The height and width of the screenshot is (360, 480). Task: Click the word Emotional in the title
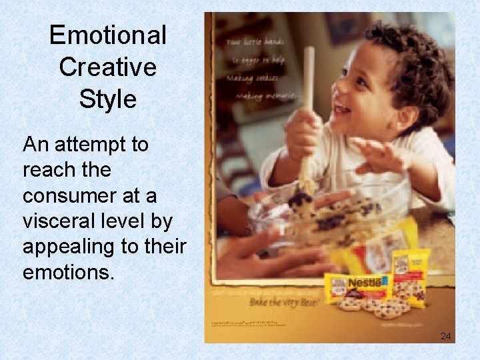click(107, 35)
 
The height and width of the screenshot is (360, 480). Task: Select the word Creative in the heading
click(107, 67)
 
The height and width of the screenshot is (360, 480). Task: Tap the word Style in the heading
click(107, 99)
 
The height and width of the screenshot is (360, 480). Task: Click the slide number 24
click(445, 336)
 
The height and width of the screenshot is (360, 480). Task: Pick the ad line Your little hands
click(251, 41)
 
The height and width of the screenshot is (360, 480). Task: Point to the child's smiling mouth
click(342, 107)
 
